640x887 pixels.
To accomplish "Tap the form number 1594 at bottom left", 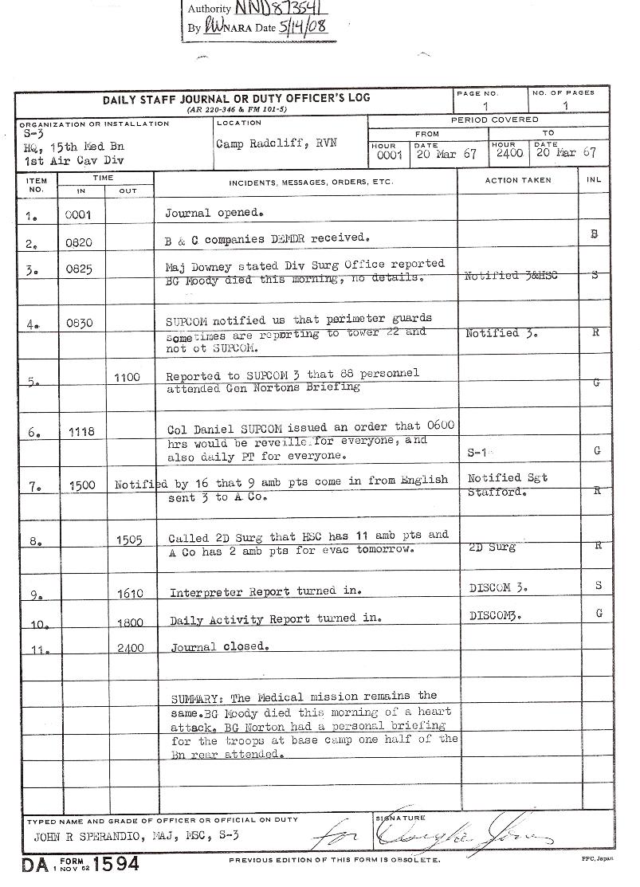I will [x=116, y=865].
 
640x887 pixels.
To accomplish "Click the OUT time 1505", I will [x=129, y=540].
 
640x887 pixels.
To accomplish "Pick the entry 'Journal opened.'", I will [x=214, y=214].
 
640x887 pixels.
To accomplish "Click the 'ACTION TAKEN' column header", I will [x=517, y=180].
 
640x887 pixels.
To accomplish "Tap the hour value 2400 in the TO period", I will [x=508, y=153].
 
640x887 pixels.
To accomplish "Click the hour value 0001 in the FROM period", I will [x=390, y=156].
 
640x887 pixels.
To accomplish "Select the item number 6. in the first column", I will [x=33, y=432].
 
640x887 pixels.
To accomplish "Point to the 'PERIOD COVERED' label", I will [x=494, y=120].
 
